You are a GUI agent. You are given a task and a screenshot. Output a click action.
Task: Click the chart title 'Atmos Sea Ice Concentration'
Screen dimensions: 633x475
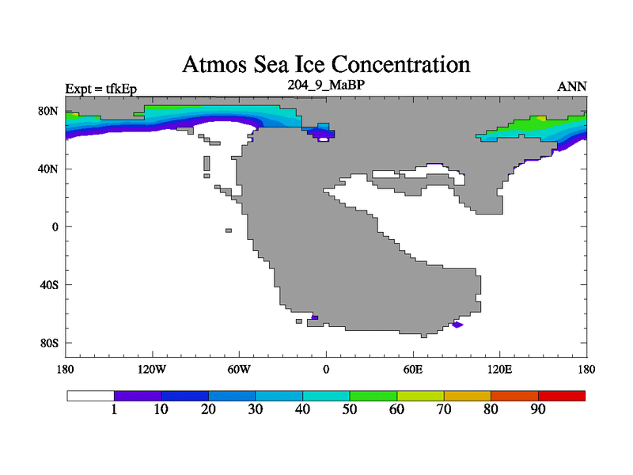coord(326,65)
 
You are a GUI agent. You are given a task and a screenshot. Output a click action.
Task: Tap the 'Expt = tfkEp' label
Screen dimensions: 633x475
coord(101,89)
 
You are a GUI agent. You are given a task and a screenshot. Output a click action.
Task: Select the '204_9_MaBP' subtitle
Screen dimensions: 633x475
coord(326,85)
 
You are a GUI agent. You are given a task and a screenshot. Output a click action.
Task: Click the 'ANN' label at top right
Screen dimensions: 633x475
coord(571,87)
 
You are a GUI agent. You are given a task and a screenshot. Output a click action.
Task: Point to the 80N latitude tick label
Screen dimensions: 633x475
coord(48,111)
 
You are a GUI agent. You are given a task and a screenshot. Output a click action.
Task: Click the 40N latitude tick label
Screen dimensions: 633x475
coord(48,169)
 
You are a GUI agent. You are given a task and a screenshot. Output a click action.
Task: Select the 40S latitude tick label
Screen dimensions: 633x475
coord(49,285)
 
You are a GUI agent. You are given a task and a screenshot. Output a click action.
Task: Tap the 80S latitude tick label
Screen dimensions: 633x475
coord(49,344)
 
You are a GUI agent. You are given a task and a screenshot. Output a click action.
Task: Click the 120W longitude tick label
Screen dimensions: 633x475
coord(152,370)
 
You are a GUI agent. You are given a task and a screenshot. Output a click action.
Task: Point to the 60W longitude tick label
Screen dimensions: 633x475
coord(239,370)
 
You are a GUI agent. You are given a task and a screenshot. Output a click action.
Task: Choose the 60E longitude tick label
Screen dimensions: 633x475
coord(413,370)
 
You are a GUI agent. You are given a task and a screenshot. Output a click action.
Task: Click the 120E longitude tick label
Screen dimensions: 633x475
coord(500,370)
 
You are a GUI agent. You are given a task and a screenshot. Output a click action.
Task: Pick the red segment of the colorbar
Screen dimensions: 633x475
coord(562,396)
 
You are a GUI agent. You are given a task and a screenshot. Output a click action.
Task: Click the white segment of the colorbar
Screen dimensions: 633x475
coord(91,396)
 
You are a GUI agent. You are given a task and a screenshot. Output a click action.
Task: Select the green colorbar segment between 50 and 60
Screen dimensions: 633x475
coord(373,396)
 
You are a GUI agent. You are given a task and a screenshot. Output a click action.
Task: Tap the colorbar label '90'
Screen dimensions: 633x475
coord(538,409)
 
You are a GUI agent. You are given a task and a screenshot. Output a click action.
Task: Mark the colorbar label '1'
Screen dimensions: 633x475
coord(114,409)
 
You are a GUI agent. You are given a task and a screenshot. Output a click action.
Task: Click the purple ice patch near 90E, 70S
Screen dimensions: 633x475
coord(457,325)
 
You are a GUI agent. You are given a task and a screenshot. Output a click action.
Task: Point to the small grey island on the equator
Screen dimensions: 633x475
coord(229,230)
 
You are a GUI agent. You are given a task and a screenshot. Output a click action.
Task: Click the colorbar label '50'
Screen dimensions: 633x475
coord(350,409)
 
